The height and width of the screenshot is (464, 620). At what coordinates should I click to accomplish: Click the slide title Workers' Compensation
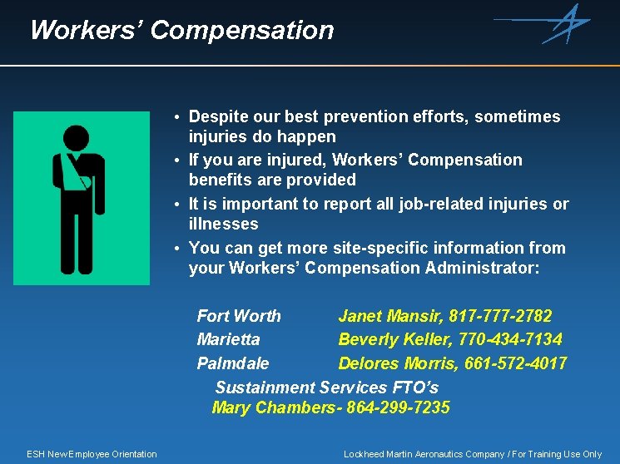181,31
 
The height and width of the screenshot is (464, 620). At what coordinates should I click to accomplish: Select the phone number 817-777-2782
500,316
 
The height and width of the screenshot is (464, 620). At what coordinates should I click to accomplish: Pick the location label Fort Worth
239,316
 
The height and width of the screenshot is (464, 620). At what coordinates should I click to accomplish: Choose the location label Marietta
228,339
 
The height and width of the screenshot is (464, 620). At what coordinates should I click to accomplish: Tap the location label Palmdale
233,363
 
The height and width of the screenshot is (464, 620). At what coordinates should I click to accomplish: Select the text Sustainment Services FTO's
326,387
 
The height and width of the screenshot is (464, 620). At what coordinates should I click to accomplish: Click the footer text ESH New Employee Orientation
92,454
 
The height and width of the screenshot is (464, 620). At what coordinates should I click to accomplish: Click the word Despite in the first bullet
221,117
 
